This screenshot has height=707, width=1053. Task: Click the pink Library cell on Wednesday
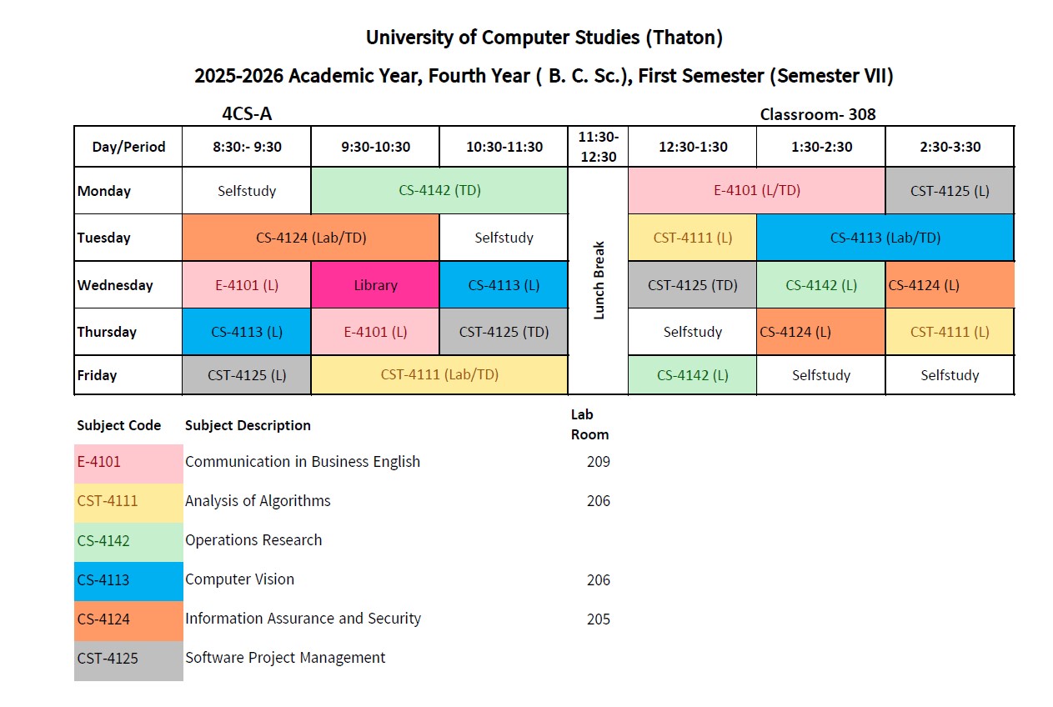point(375,285)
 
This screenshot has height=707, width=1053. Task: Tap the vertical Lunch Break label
point(598,280)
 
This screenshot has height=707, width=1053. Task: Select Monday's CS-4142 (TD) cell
point(439,190)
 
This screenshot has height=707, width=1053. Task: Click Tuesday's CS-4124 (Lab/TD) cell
point(311,238)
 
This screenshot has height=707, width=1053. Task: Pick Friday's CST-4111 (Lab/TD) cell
point(439,374)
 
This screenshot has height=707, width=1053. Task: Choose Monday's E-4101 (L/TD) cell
point(756,190)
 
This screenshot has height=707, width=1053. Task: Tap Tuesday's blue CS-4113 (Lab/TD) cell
point(885,238)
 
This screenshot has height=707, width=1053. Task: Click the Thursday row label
point(107,332)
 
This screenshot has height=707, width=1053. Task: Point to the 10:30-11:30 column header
point(504,147)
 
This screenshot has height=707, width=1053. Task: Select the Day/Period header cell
point(128,147)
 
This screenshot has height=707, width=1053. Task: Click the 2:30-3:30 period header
point(949,147)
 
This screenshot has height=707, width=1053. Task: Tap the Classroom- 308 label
point(817,114)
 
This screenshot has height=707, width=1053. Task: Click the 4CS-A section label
point(247,114)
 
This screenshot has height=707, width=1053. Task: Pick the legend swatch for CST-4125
point(128,659)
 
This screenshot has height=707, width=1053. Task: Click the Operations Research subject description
point(253,540)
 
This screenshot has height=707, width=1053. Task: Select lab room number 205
point(598,619)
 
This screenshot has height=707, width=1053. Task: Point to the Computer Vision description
point(239,579)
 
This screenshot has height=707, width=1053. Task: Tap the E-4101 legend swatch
point(128,462)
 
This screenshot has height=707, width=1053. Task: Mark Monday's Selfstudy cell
point(247,190)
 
